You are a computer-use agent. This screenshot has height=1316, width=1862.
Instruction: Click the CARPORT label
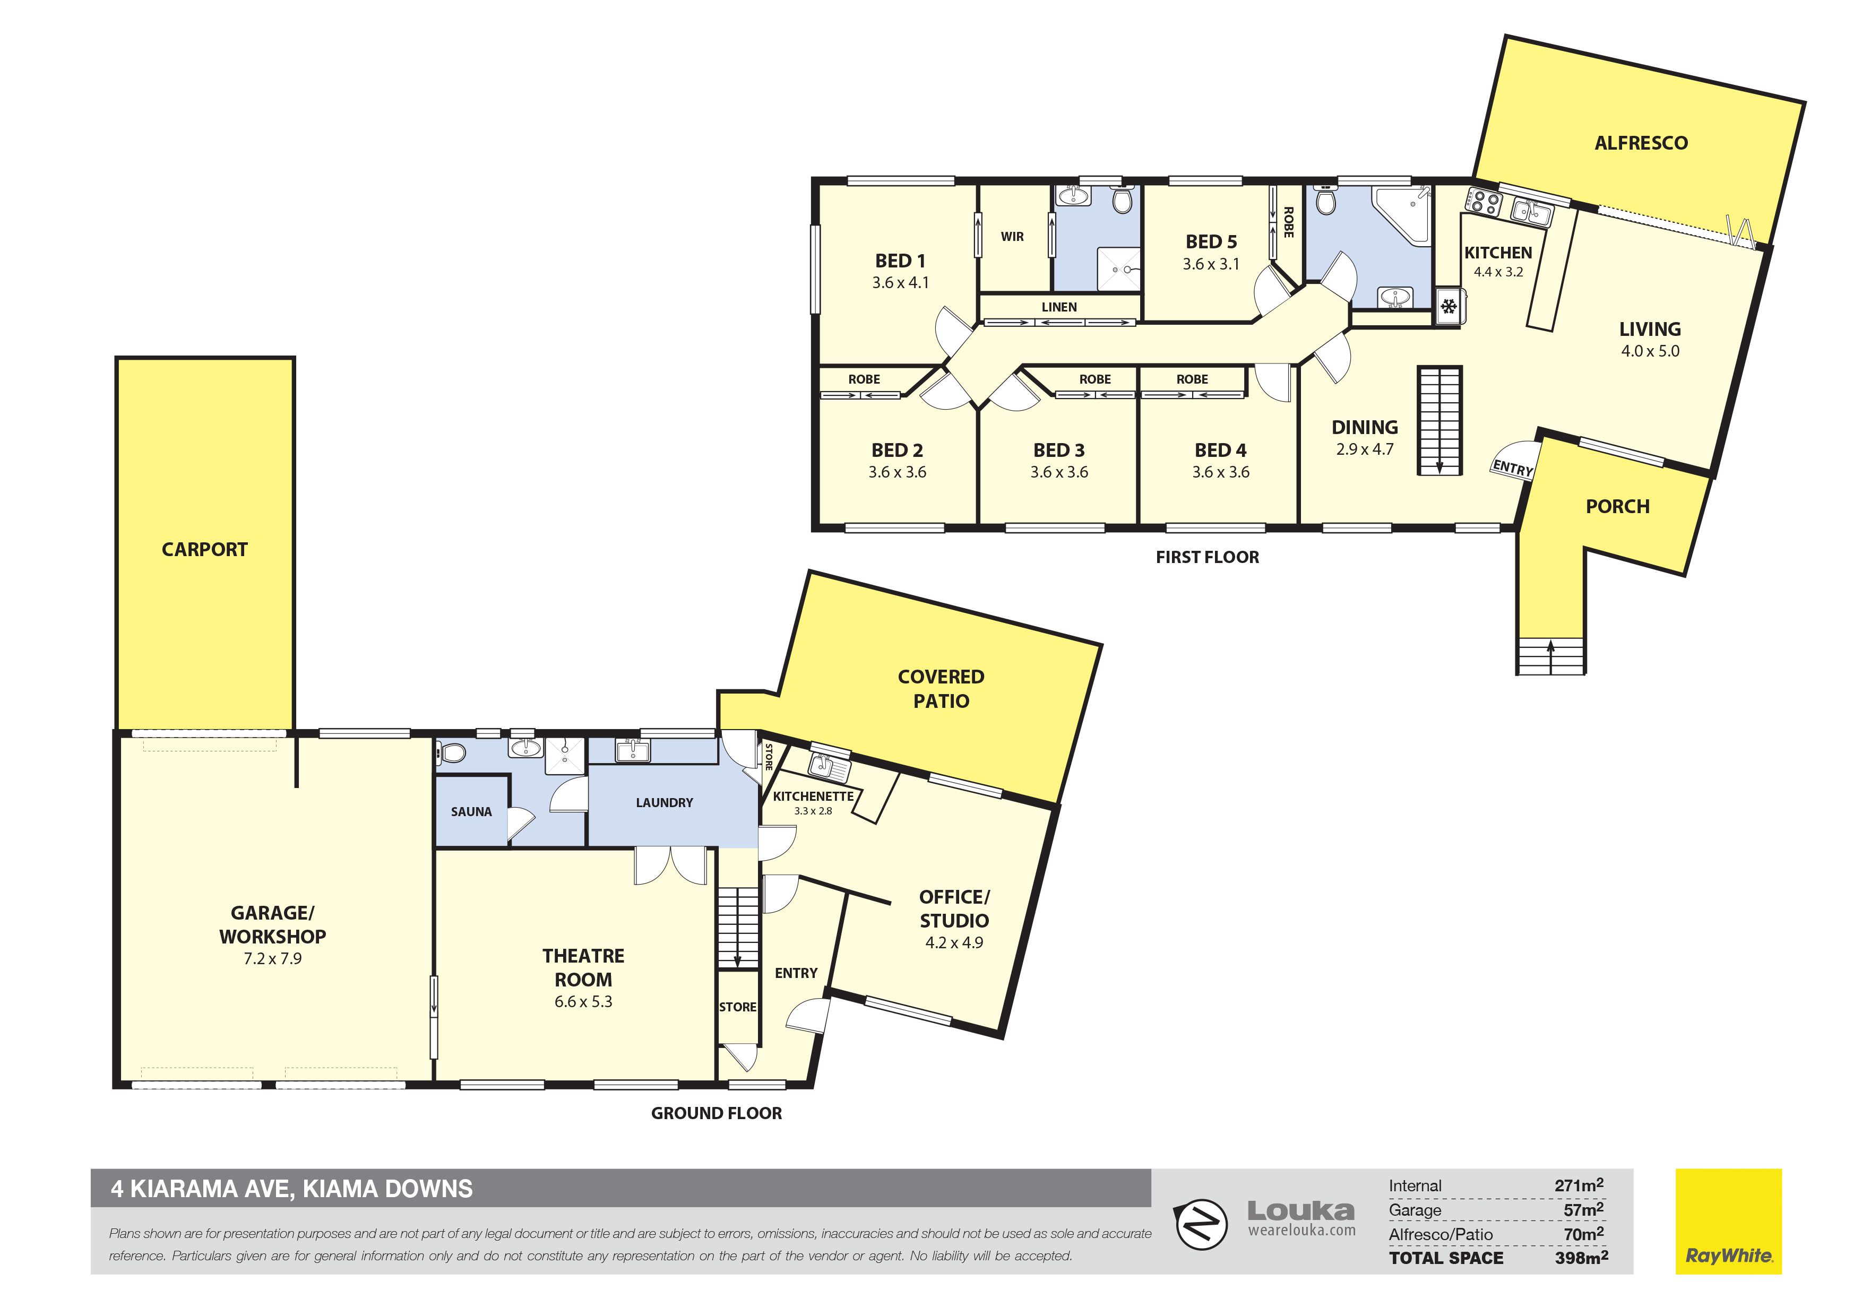(x=204, y=550)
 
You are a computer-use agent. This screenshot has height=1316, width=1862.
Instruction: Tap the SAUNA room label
(x=471, y=812)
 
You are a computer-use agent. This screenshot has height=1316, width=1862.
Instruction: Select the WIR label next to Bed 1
(x=1012, y=237)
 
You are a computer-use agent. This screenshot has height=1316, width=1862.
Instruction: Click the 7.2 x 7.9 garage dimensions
(x=272, y=958)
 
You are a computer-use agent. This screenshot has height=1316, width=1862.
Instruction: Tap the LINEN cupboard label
(x=1059, y=307)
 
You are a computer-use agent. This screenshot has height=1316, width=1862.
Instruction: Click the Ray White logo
(x=1729, y=1221)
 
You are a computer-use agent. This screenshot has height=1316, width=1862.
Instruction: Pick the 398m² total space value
(x=1581, y=1258)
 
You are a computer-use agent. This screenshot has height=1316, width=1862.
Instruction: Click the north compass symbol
(x=1200, y=1224)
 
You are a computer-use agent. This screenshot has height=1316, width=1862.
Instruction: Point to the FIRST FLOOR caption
(x=1208, y=557)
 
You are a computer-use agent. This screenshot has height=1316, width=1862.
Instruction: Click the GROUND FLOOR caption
(x=717, y=1113)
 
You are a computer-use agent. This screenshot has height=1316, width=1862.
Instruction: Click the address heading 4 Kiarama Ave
(x=292, y=1190)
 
